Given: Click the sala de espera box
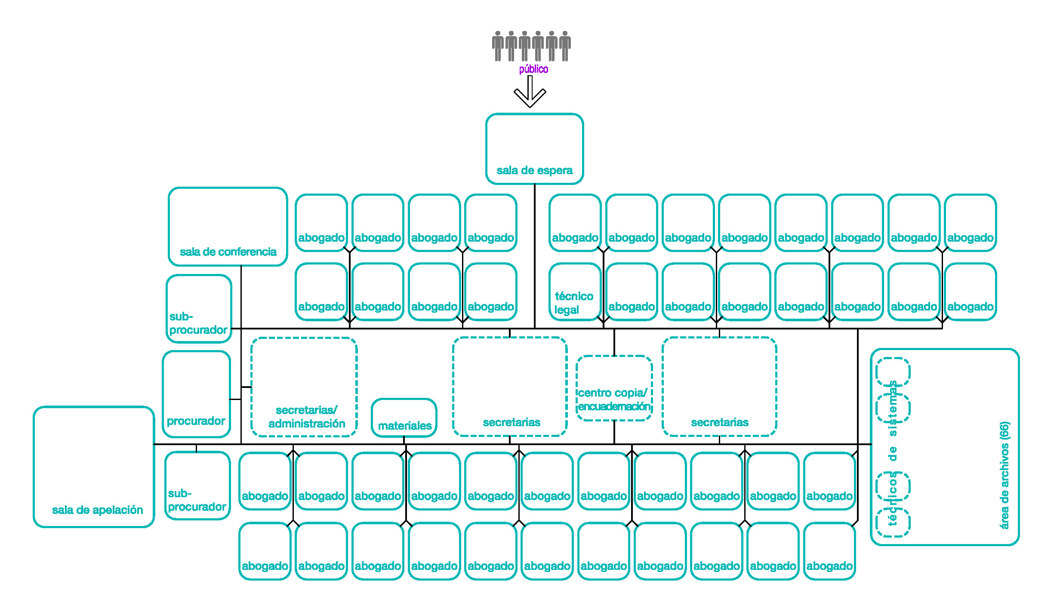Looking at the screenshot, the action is coord(534,149).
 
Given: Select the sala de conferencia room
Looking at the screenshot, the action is coord(228,227).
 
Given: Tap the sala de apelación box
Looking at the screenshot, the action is coord(94,467).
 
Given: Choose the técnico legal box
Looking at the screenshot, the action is coord(575,292).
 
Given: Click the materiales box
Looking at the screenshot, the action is coord(404,418).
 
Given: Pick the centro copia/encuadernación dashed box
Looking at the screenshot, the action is coord(614,388).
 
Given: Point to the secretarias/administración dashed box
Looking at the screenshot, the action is coord(304,387).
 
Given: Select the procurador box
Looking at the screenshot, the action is coord(197,394).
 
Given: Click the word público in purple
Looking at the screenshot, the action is coord(533,69).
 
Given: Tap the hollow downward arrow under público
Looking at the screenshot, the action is coord(530,91).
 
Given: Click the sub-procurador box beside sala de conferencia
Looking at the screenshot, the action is coord(199,309).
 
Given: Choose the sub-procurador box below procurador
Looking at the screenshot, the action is coord(197,486).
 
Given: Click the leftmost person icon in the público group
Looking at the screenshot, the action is coord(498,46).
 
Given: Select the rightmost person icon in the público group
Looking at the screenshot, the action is coord(565,46).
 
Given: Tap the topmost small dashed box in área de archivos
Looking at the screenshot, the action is coord(893,372).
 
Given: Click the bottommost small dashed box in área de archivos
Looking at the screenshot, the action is coord(893,523).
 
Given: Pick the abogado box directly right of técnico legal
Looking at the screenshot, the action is coord(632,292).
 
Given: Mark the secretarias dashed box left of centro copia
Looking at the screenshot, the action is coord(510,387).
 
